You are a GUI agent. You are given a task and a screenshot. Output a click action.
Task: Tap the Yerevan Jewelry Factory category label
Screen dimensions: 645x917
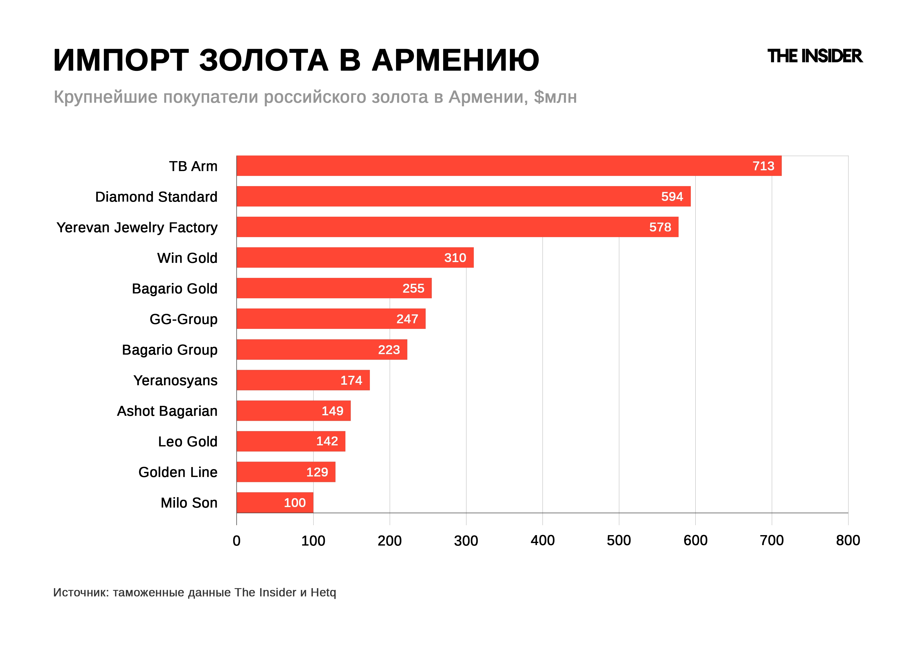tap(137, 227)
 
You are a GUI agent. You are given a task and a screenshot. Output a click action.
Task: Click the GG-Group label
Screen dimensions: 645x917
tap(183, 319)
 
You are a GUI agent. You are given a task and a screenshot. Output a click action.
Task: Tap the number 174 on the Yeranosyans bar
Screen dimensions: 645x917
tap(351, 380)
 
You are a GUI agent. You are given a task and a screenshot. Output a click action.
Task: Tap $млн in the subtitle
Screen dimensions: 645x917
tap(555, 97)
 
